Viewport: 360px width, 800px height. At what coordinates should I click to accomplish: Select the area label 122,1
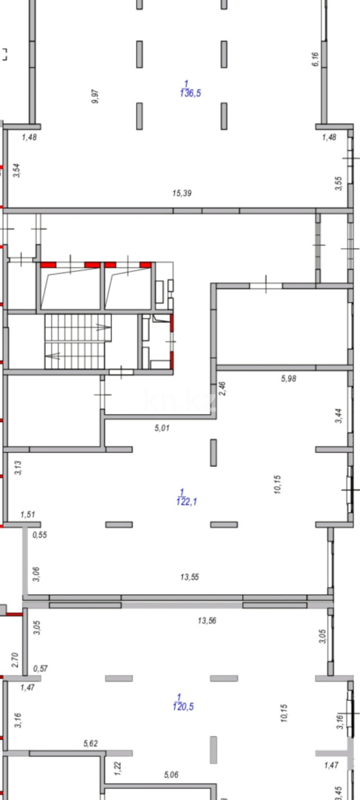(187, 502)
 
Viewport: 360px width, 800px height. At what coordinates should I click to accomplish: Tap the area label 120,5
(184, 707)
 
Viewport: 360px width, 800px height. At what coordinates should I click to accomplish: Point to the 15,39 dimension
(182, 193)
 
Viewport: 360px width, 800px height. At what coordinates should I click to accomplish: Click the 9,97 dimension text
(96, 96)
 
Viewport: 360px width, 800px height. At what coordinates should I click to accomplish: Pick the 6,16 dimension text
(315, 59)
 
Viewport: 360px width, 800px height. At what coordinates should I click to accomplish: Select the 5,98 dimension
(289, 379)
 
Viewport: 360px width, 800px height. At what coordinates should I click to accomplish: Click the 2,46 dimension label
(221, 389)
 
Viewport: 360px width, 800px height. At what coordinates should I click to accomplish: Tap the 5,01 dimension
(161, 429)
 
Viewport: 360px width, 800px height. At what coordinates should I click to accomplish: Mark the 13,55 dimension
(189, 577)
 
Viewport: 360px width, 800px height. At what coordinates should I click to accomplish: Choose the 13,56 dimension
(207, 621)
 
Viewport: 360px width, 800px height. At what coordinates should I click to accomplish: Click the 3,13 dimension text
(18, 468)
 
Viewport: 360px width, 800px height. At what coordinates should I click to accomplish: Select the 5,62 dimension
(90, 744)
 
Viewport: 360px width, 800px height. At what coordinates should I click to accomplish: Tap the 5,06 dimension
(172, 776)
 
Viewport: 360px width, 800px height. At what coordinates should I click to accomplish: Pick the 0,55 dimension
(40, 536)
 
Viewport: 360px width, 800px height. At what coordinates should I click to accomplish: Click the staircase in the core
(78, 341)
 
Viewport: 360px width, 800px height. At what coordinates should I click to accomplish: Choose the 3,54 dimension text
(18, 170)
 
